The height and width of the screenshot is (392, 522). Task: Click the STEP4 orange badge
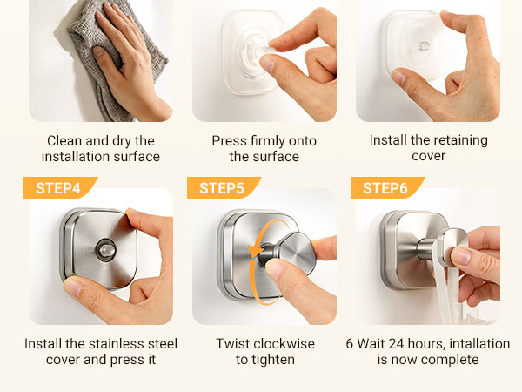click(60, 187)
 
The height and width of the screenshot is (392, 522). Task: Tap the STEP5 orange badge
click(224, 187)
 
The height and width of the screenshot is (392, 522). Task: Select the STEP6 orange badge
click(387, 187)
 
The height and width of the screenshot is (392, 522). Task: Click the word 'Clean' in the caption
click(64, 140)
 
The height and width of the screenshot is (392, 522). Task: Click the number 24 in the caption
click(397, 344)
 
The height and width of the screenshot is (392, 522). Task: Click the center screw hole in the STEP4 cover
click(105, 249)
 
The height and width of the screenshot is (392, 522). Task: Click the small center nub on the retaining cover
click(424, 46)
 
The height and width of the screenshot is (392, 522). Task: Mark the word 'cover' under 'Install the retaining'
click(428, 156)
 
